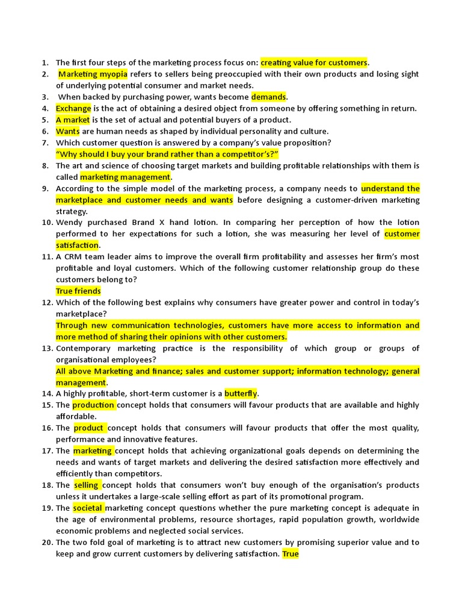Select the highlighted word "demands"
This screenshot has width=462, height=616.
[269, 97]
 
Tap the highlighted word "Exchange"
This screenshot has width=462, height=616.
[73, 108]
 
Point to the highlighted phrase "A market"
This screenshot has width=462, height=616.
[73, 120]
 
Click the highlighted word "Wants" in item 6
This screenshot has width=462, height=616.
[68, 131]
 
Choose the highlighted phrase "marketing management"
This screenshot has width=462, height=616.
[125, 177]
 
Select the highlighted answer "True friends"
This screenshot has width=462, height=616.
[78, 291]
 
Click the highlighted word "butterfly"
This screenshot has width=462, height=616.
[241, 393]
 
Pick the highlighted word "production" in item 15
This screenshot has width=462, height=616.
[93, 405]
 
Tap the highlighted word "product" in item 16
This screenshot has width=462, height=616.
[88, 428]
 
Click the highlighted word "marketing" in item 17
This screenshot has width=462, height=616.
[93, 451]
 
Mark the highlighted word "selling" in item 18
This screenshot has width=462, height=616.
[87, 485]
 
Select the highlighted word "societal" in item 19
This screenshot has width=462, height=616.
[88, 508]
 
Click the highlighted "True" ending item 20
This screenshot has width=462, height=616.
[291, 554]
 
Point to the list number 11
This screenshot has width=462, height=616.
[47, 257]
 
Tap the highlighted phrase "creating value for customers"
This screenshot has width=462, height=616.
[313, 63]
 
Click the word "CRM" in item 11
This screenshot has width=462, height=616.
[74, 257]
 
